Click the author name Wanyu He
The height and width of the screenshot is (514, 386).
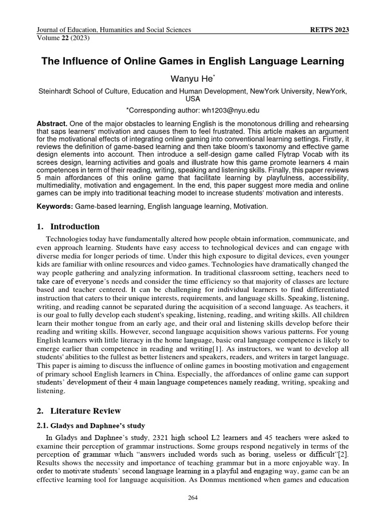[193, 79]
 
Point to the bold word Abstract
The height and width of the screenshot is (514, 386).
[52, 123]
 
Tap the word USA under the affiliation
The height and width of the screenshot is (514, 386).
[193, 99]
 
